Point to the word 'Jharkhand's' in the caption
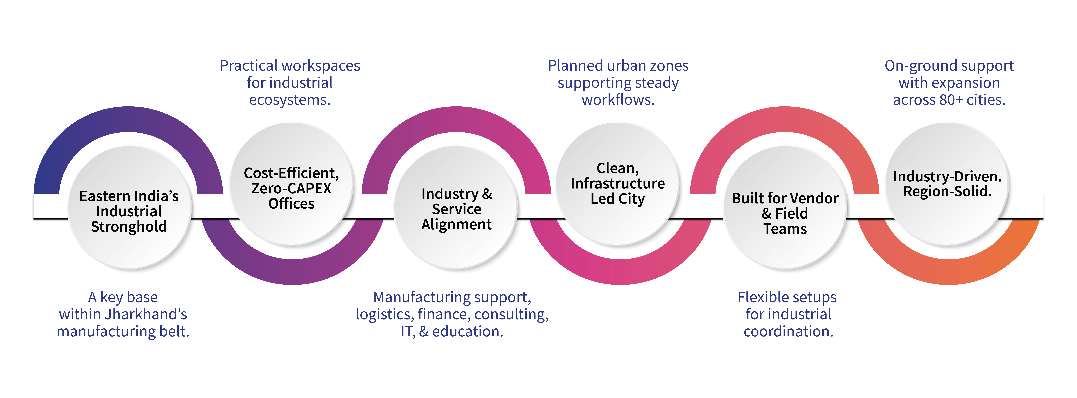click(x=146, y=314)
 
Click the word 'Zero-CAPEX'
click(x=291, y=188)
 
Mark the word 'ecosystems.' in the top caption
click(x=290, y=100)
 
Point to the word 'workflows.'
click(x=618, y=100)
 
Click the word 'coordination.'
click(x=789, y=331)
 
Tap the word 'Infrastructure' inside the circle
click(x=618, y=183)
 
